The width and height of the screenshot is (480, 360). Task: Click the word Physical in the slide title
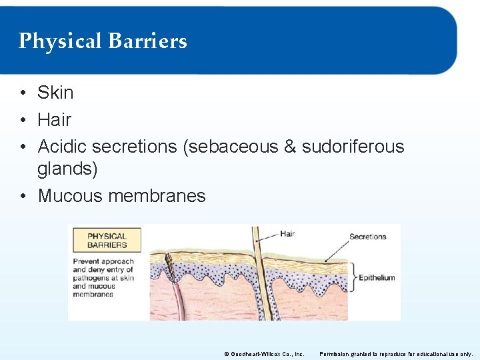[60, 41]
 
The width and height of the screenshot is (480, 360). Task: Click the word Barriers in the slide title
[147, 41]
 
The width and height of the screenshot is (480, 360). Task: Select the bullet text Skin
[55, 93]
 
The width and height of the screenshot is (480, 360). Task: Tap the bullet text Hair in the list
[54, 120]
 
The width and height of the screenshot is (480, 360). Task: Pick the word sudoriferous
[353, 147]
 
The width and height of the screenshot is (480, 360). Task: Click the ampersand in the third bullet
[289, 147]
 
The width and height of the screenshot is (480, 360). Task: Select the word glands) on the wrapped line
[67, 169]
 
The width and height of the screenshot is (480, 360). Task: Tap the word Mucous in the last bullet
[71, 196]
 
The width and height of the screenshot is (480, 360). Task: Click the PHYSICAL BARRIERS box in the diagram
[107, 240]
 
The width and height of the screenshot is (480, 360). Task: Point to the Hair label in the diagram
[287, 234]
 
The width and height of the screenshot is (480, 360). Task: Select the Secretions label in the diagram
[367, 237]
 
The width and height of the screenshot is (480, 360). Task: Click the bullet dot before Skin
[23, 93]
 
